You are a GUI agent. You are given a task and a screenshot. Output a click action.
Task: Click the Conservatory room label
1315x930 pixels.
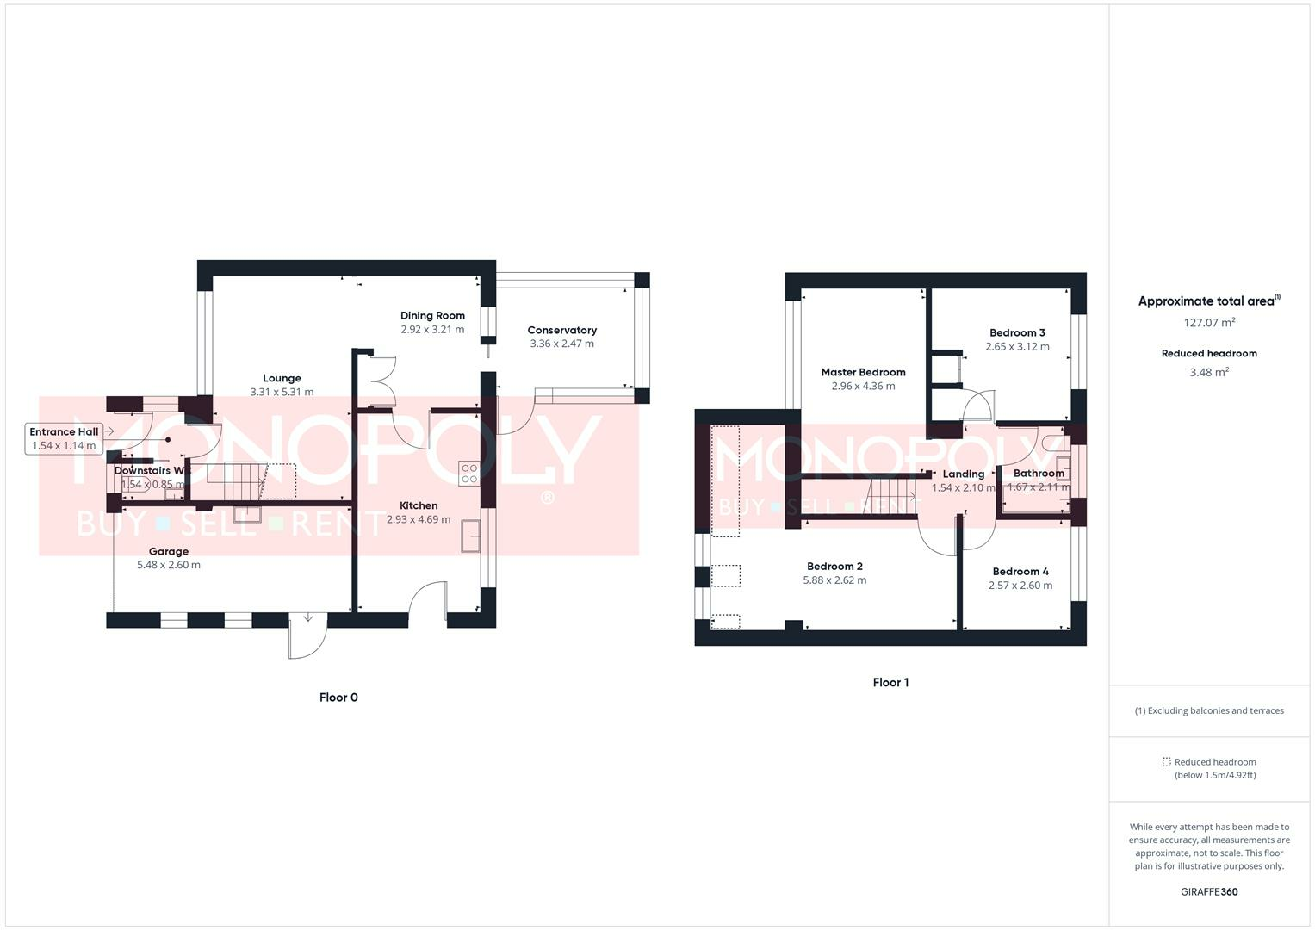pos(561,331)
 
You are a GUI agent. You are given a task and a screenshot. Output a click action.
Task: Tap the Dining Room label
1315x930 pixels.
pos(432,316)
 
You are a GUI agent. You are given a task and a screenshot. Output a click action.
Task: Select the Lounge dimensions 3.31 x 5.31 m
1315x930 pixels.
pos(282,392)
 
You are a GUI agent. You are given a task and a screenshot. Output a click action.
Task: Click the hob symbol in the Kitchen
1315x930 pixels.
pos(469,473)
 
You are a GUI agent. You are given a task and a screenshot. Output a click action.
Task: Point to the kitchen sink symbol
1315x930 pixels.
pos(470,536)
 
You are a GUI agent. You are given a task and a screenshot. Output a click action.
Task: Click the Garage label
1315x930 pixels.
pos(169,552)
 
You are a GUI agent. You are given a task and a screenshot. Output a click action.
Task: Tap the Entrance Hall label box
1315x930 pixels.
pos(65,438)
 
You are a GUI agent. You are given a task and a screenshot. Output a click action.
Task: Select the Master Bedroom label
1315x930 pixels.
pos(863,373)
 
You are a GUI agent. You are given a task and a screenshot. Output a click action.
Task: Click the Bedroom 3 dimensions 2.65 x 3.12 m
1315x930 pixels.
pos(1017,347)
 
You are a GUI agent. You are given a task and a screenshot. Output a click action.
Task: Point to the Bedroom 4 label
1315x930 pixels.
pos(1020,572)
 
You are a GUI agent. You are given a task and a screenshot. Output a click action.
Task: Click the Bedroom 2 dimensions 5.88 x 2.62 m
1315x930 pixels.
pos(834,580)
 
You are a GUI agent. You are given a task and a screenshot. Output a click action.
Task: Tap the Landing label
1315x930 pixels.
pos(963,474)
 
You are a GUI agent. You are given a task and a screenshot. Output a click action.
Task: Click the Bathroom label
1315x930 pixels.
pos(1039,474)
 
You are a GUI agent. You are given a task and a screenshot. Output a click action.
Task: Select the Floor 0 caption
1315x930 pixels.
pos(338,697)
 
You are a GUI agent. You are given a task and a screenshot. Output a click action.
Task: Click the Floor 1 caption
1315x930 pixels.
pos(890,683)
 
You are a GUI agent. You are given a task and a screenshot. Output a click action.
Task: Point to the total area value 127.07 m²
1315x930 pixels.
pos(1209,323)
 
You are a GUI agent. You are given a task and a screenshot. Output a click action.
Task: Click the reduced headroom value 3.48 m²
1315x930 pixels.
pos(1209,372)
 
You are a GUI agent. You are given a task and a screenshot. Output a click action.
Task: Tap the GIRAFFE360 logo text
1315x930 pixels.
pos(1209,892)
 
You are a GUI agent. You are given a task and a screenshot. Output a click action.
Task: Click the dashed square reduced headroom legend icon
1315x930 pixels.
pos(1167,762)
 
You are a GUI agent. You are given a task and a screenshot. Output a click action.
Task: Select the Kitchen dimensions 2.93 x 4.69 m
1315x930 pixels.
pos(419,520)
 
